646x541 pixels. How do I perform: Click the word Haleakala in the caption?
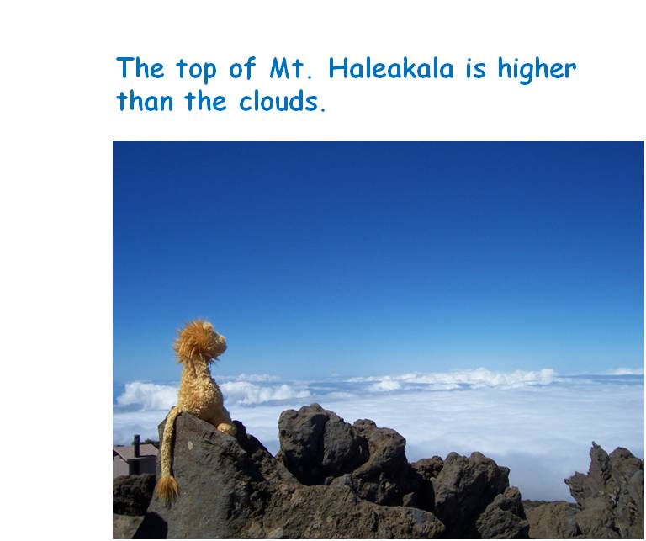coord(390,68)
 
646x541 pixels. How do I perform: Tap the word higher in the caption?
coord(537,70)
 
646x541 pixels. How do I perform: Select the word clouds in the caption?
coord(283,100)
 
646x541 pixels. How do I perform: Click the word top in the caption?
coord(196,71)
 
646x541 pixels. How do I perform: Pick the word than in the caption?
coord(145,100)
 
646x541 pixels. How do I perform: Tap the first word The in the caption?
coord(140,68)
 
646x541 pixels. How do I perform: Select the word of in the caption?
coord(242,68)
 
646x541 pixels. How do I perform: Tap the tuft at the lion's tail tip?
coord(167,491)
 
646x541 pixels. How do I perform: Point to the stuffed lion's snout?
coord(221,339)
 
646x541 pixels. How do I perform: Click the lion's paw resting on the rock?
coord(226,428)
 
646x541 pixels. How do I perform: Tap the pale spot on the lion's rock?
coord(190,445)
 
